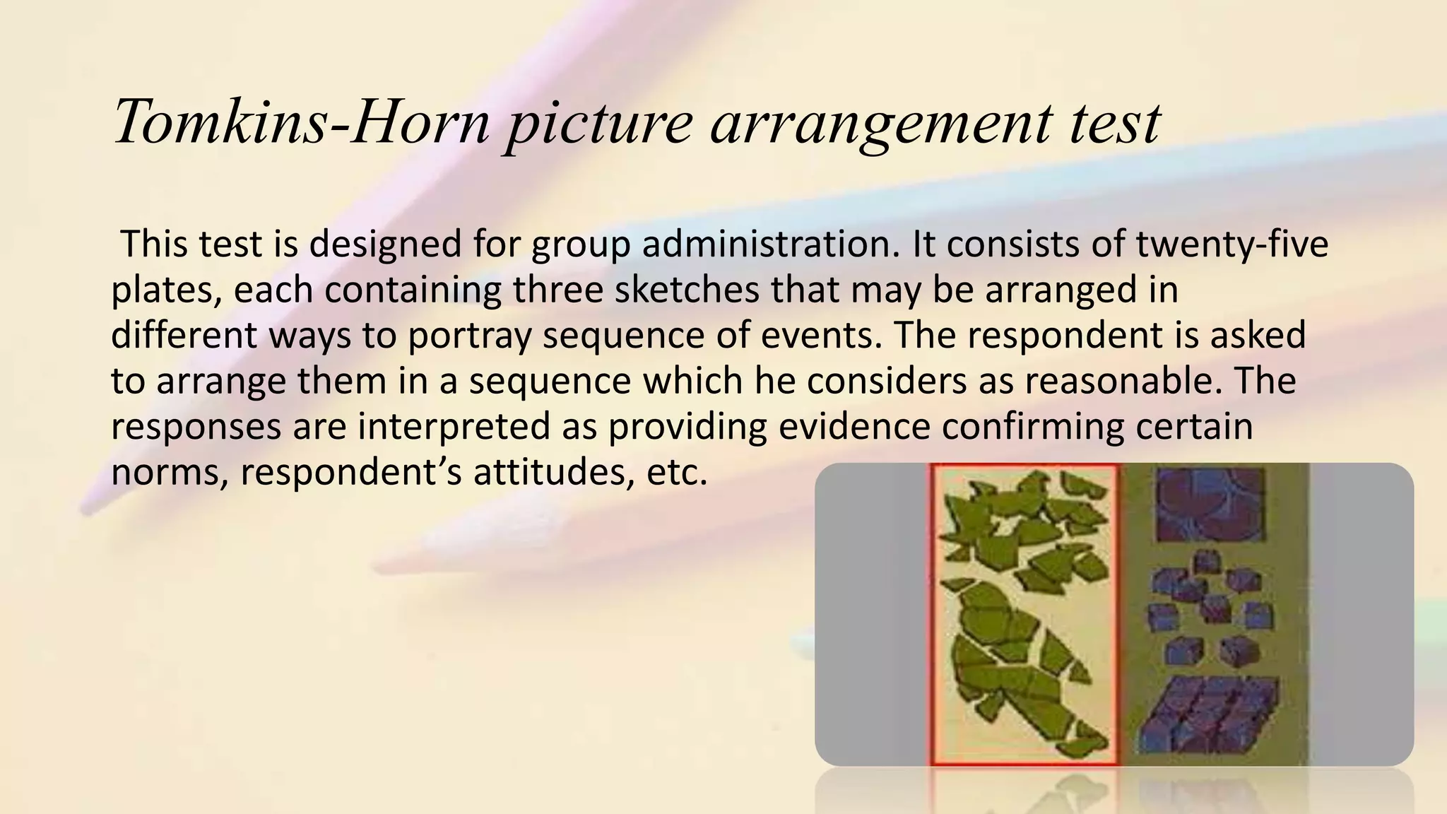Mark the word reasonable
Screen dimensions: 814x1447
(x=1123, y=382)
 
